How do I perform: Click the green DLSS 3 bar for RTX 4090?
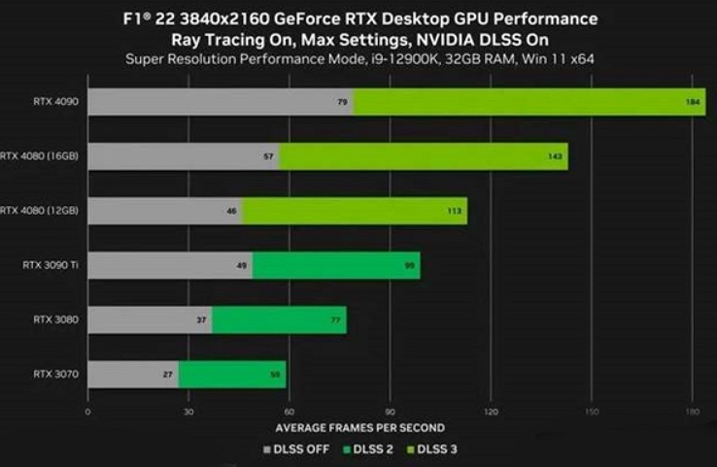[529, 101]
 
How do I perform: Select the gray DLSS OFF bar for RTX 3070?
[133, 374]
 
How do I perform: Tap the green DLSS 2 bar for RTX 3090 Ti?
[336, 265]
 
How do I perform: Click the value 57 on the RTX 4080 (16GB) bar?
[268, 156]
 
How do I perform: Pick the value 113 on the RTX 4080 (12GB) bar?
[453, 211]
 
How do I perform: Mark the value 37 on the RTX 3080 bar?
[200, 319]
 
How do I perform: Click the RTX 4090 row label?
[51, 101]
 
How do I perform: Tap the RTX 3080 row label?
[51, 319]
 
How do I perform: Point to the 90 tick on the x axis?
[390, 411]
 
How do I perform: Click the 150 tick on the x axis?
[591, 411]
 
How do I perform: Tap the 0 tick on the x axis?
[87, 411]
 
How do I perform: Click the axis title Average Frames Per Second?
[359, 427]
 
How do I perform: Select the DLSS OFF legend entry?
[296, 449]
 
